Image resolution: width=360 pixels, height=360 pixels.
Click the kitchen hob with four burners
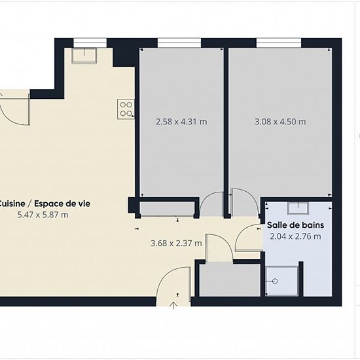click(126, 109)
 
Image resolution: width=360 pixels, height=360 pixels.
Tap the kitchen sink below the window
click(84, 56)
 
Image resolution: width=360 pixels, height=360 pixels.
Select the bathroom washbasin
click(298, 208)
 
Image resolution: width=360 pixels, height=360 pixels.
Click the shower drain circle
click(275, 281)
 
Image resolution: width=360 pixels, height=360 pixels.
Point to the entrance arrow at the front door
click(173, 306)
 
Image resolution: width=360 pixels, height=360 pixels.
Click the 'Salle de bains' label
click(295, 225)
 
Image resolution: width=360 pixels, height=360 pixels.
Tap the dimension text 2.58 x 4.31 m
click(181, 122)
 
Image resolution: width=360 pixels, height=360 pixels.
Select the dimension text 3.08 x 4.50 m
click(280, 122)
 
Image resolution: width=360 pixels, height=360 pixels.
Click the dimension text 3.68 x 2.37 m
click(176, 243)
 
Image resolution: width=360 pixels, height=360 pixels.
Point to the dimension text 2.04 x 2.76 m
click(295, 236)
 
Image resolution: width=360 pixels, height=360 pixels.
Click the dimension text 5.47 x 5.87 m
click(43, 215)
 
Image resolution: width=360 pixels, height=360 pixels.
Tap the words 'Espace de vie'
click(62, 204)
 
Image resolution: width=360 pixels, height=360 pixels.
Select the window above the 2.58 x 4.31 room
click(179, 43)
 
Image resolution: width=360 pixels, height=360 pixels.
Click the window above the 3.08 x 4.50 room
click(278, 43)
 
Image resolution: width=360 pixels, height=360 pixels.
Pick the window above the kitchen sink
click(90, 43)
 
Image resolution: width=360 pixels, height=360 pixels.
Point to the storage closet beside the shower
click(230, 280)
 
